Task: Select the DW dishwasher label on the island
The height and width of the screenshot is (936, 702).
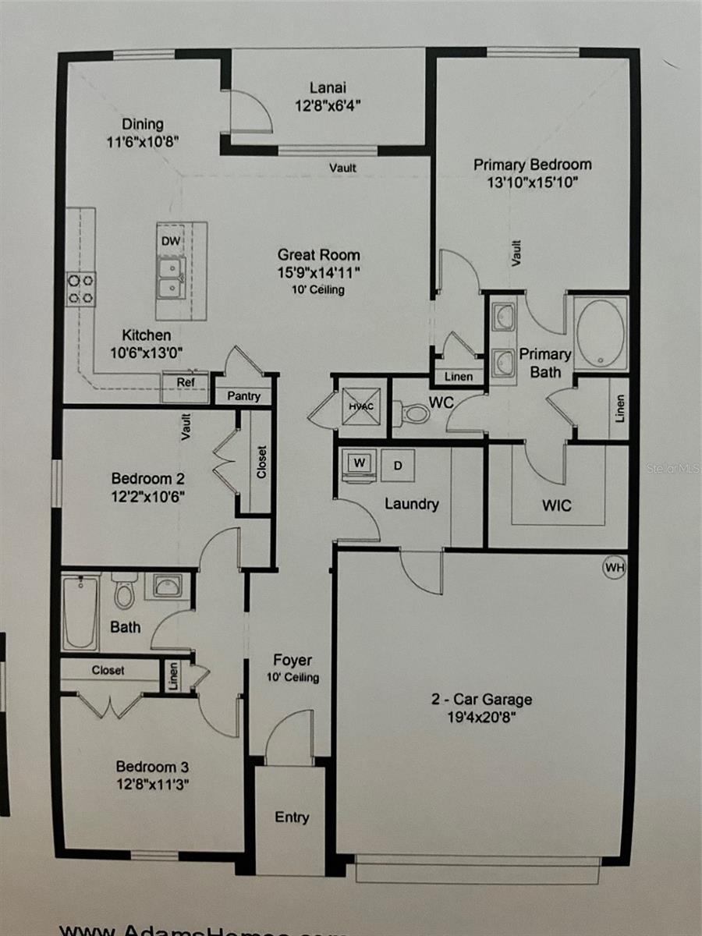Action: (x=170, y=241)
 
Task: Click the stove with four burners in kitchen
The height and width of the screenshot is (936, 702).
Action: (x=80, y=288)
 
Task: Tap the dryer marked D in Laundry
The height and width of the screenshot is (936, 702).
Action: (x=397, y=466)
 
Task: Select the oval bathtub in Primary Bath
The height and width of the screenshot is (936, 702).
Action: (x=601, y=333)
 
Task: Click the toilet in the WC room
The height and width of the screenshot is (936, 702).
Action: (x=413, y=412)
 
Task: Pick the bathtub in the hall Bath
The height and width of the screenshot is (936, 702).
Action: (x=80, y=612)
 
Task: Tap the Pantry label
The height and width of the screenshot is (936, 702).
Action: (x=243, y=396)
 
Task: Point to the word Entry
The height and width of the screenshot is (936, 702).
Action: (x=292, y=817)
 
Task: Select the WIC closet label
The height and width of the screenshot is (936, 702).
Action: (x=557, y=505)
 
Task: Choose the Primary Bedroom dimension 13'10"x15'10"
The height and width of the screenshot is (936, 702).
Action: (x=532, y=182)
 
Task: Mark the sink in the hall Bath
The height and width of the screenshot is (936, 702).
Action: (x=167, y=585)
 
